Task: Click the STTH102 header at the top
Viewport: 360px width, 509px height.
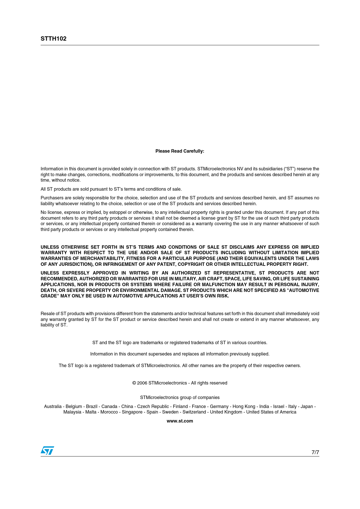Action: click(53, 39)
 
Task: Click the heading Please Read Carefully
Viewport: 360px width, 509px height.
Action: click(180, 151)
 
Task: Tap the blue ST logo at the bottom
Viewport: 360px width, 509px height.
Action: click(47, 451)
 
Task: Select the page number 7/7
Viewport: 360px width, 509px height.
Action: click(315, 452)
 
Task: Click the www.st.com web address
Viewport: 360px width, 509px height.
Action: click(180, 421)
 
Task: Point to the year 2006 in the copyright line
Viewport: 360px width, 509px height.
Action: click(142, 383)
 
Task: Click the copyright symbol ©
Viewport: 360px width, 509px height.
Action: click(134, 383)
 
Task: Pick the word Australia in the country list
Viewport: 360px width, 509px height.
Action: click(53, 407)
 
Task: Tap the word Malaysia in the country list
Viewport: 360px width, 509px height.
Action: click(72, 412)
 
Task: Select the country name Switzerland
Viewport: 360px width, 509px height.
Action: click(194, 412)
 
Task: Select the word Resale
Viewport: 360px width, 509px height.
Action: click(47, 314)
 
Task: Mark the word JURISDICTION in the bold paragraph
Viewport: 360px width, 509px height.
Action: click(74, 264)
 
